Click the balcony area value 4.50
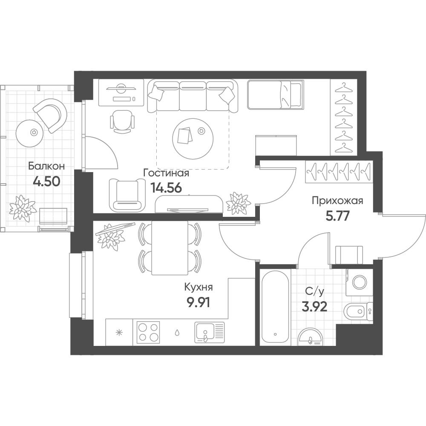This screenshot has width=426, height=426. point(46,181)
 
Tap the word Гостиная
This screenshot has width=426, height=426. point(166,173)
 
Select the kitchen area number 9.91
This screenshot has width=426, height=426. point(199,302)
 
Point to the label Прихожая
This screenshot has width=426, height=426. point(337,201)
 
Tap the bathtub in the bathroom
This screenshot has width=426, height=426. point(275,307)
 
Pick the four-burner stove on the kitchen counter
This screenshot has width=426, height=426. point(148,332)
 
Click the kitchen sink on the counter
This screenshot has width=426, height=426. point(210,332)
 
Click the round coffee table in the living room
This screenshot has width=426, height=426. point(193,138)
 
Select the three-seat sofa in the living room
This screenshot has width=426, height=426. point(193,95)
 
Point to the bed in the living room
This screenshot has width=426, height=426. point(275,94)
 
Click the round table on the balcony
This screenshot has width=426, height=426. point(29,133)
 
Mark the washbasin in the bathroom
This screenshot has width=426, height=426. point(310,337)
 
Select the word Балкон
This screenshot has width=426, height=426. point(46,166)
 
